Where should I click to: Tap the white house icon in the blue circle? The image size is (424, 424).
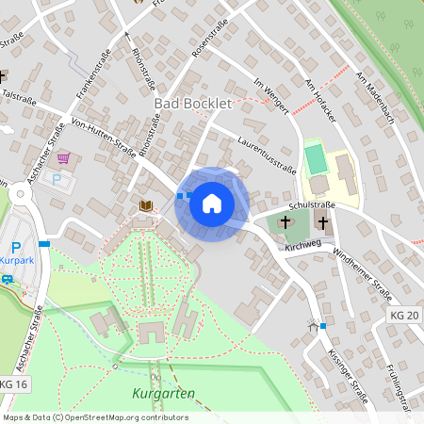pos(211,203)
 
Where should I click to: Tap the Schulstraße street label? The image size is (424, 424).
pos(313,204)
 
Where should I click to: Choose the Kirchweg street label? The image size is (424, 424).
pos(302,246)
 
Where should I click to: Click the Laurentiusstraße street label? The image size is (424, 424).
pos(269,155)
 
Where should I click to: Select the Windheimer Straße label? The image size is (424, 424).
pos(363,269)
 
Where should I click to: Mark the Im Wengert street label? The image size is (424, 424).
pos(271,94)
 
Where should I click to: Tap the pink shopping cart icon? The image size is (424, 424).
pos(63,157)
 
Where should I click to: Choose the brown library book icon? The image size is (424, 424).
pos(144,205)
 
